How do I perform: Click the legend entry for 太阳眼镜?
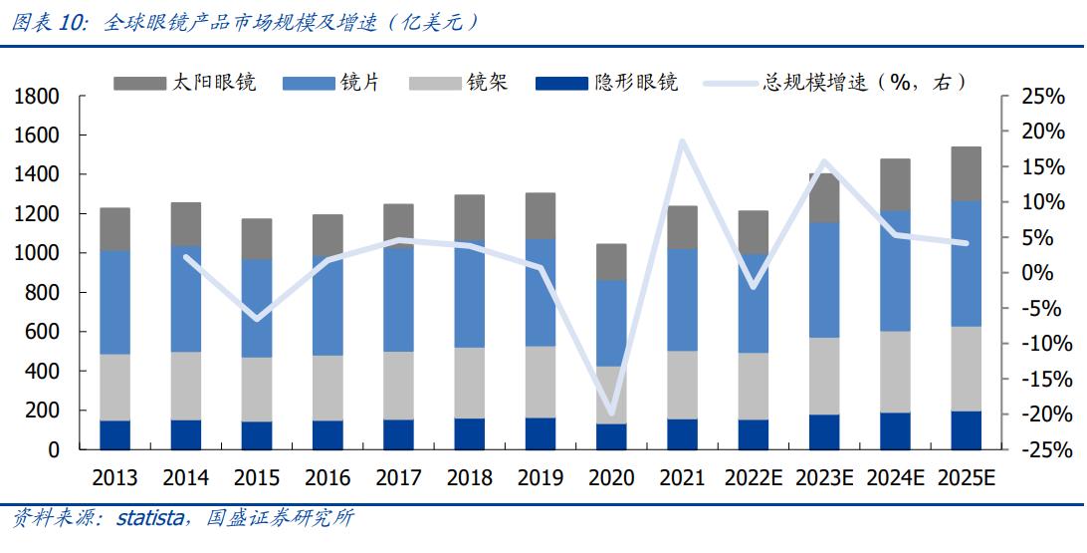point(184,83)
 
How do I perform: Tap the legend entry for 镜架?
point(458,83)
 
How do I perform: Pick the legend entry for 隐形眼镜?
point(606,83)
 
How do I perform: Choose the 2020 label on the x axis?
point(611,478)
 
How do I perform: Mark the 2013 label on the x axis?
point(114,478)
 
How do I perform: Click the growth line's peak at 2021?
point(682,140)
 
